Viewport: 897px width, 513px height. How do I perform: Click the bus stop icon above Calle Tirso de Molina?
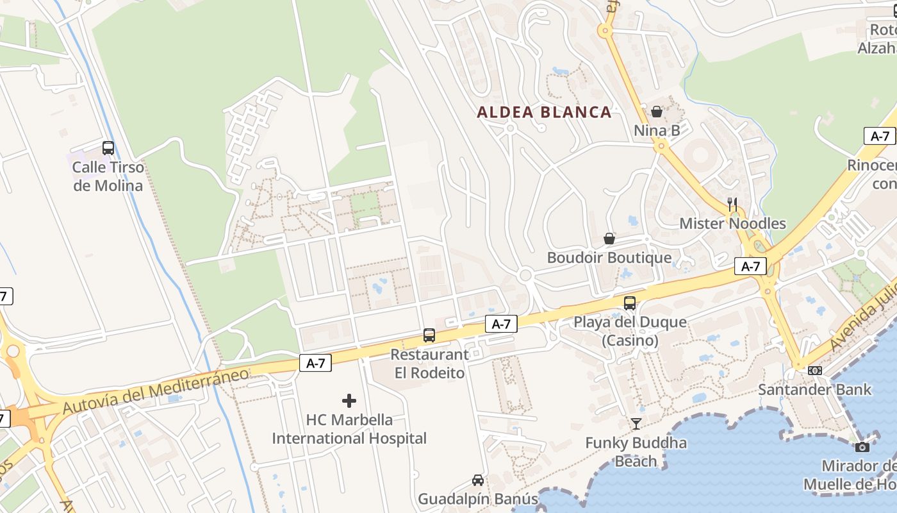(108, 148)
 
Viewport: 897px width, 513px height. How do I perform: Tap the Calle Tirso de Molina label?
(108, 176)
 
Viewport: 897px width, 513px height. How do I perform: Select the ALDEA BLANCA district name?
(544, 112)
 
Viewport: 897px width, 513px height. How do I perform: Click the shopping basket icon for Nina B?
(657, 112)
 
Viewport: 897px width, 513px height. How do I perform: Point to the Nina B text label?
(657, 131)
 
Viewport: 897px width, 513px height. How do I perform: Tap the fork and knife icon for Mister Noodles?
(732, 205)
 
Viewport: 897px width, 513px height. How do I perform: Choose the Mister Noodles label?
(732, 223)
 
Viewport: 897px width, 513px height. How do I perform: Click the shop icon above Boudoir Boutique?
(609, 239)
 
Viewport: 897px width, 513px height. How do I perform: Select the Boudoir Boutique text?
(609, 258)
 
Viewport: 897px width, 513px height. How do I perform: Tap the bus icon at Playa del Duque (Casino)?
(630, 303)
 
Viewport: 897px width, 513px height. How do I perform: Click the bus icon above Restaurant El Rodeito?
(429, 335)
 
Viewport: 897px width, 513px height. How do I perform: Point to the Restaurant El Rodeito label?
(429, 364)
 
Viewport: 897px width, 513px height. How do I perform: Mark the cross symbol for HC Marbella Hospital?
(349, 401)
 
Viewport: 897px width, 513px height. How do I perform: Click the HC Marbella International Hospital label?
(349, 429)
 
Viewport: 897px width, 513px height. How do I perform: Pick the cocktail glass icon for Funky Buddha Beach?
(636, 424)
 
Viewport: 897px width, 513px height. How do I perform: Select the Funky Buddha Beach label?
(636, 451)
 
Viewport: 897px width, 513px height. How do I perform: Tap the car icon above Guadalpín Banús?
(478, 480)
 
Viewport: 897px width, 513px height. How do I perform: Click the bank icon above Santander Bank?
(815, 371)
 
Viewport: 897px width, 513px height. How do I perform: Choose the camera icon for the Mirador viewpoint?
(862, 447)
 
